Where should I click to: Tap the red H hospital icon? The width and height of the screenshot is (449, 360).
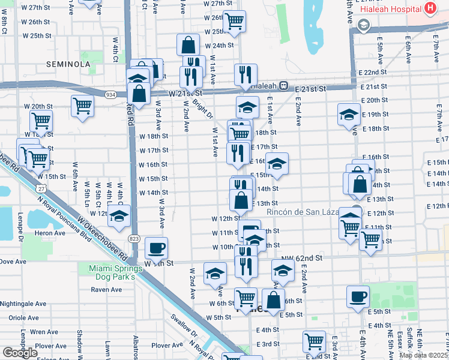pos(430,8)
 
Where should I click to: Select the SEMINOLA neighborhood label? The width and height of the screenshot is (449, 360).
pos(70,64)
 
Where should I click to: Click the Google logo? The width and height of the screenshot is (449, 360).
pos(20,353)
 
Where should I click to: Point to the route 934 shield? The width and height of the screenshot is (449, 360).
pos(110,95)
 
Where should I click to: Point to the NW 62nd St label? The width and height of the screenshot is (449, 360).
pos(303,257)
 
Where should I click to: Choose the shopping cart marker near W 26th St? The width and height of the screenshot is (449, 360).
pos(234,20)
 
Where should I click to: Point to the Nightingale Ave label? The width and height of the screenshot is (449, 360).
pos(25,304)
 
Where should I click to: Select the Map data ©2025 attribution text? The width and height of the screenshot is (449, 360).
pos(424,355)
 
